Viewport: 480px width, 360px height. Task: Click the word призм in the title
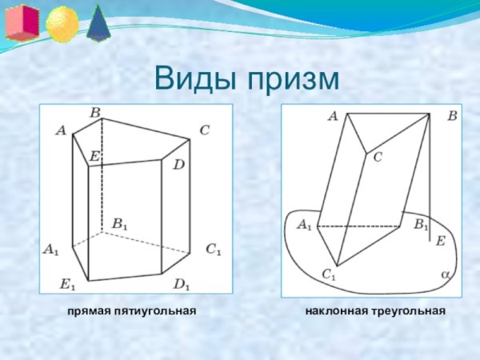293,81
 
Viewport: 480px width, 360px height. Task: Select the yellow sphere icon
62,24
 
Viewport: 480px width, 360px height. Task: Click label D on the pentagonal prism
178,165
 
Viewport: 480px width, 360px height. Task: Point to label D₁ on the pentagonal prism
182,283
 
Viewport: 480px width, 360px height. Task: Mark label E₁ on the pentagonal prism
68,283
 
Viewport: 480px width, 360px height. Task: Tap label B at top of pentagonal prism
94,114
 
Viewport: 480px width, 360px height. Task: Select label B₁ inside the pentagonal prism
119,224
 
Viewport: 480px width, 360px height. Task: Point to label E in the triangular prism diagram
440,240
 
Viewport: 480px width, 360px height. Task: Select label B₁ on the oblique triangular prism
421,226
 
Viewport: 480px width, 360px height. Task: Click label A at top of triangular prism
332,117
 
